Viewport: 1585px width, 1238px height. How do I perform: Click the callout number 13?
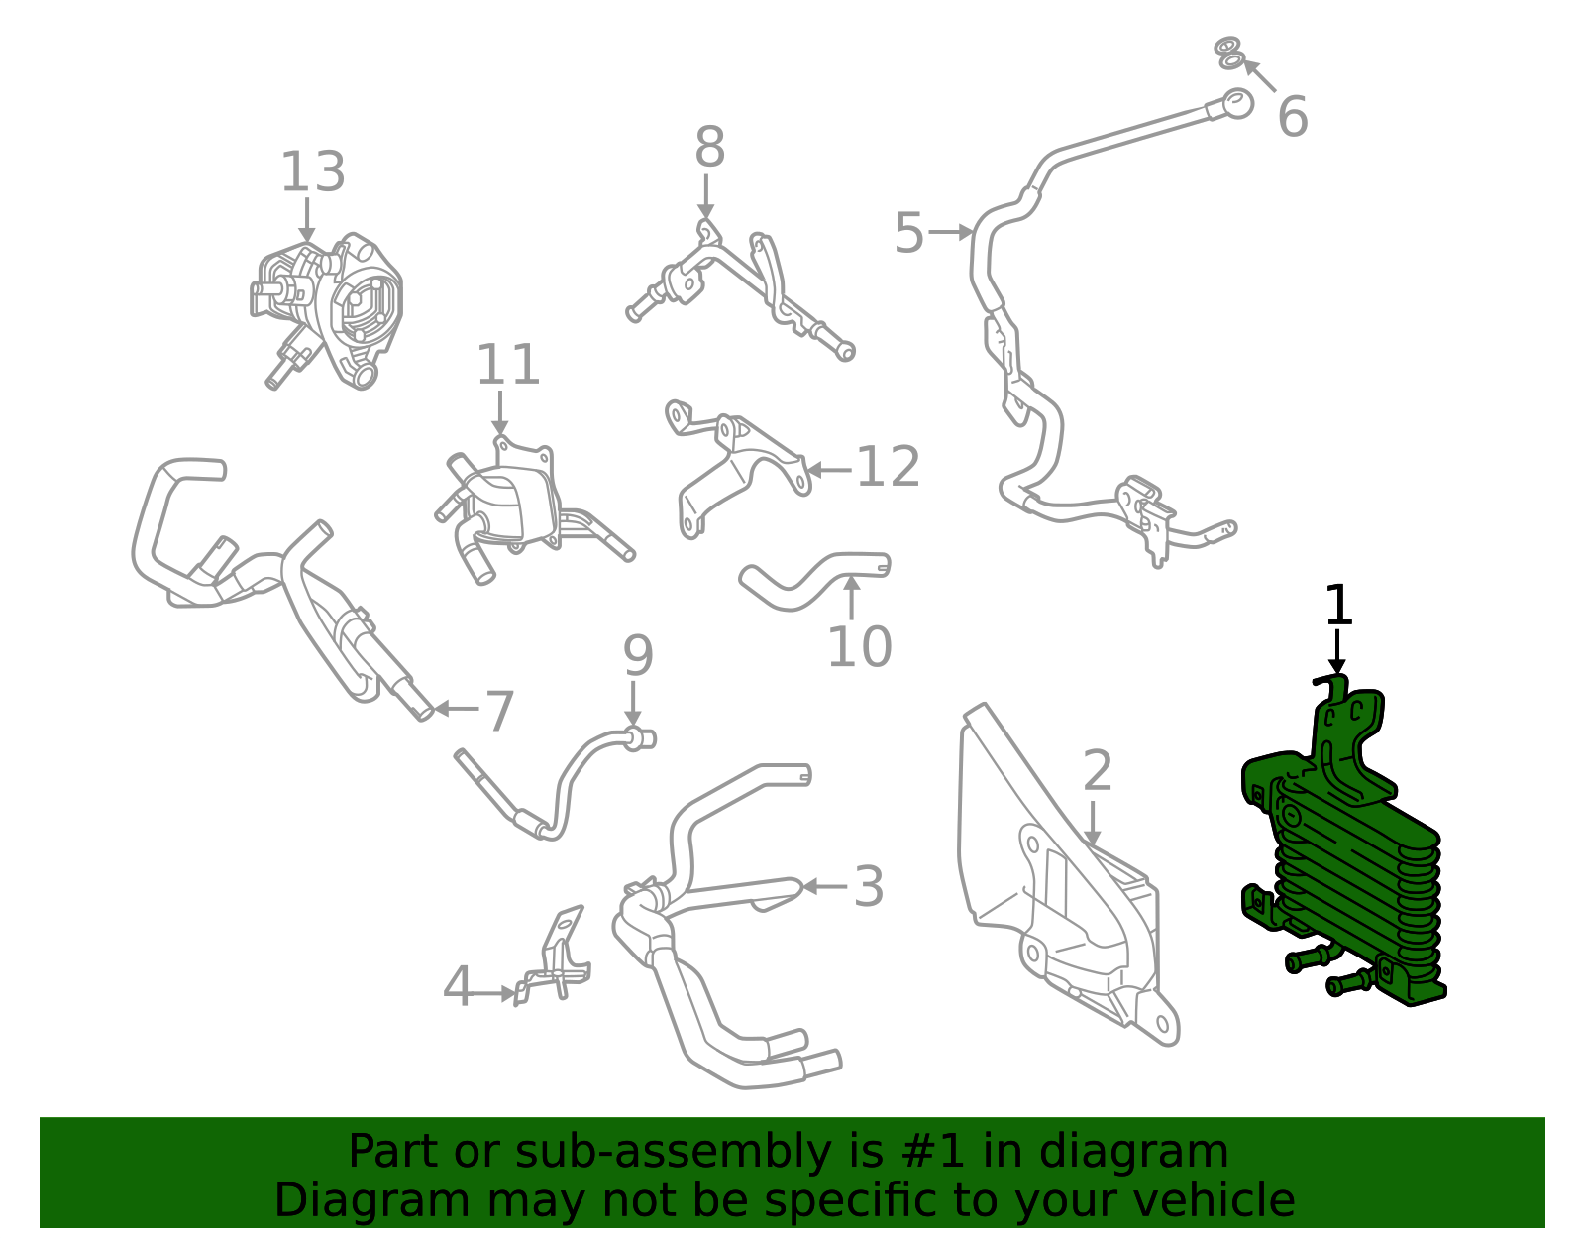tap(313, 172)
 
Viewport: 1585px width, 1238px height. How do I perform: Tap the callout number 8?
tap(709, 147)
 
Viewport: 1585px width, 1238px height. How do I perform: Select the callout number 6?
tap(1293, 116)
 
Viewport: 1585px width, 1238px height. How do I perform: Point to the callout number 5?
tap(908, 233)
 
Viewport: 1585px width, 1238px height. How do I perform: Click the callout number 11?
tap(507, 364)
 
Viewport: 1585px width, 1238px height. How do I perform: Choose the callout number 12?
tap(888, 467)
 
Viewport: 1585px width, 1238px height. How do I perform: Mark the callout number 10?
tap(859, 646)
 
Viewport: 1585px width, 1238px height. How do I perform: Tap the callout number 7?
tap(499, 712)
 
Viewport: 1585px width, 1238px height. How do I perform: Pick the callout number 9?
tap(638, 656)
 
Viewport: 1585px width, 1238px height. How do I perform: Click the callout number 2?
tap(1097, 770)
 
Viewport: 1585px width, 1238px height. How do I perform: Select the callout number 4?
tap(458, 986)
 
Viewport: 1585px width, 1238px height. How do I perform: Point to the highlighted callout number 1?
tap(1337, 605)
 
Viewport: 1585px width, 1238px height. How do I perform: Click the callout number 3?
tap(869, 887)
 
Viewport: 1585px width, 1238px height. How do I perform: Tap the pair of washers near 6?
tap(1229, 54)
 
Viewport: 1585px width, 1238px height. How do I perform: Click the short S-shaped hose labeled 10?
tap(813, 580)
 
